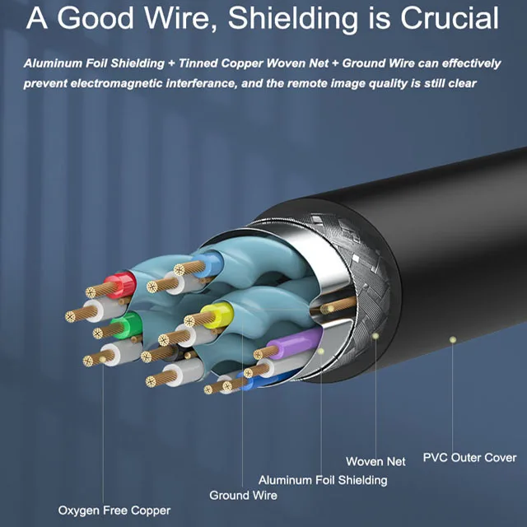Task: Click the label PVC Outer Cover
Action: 469,458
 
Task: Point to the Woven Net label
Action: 375,462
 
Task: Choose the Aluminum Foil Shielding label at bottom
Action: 323,479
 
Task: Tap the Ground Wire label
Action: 243,495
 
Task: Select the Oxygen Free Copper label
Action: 114,511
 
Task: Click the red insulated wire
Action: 123,285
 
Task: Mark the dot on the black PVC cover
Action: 451,338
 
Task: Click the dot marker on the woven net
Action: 375,336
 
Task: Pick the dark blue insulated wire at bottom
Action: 246,380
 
